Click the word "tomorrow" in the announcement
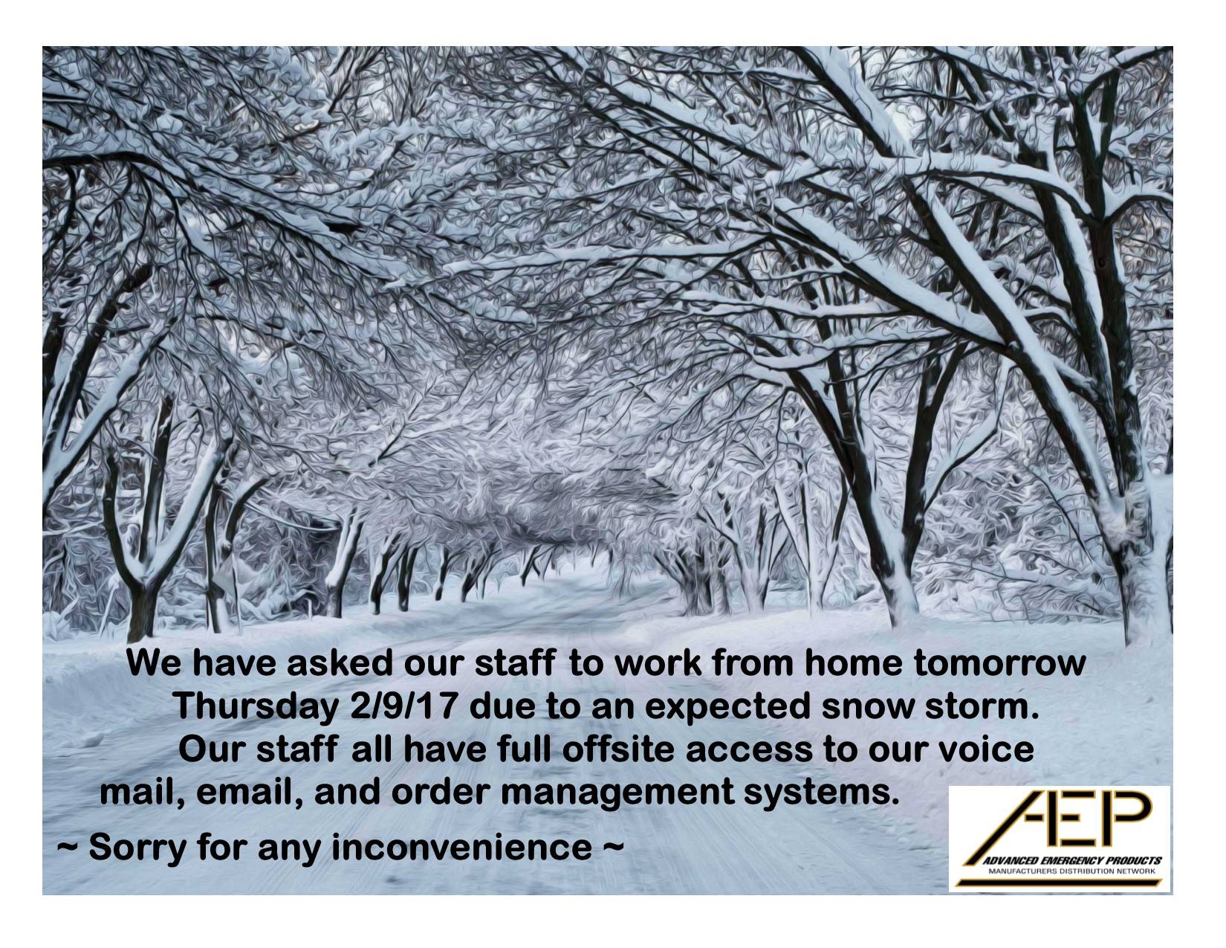1000,664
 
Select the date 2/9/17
402,706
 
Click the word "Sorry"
137,849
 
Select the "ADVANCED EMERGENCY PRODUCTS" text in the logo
1072,861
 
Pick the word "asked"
339,664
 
